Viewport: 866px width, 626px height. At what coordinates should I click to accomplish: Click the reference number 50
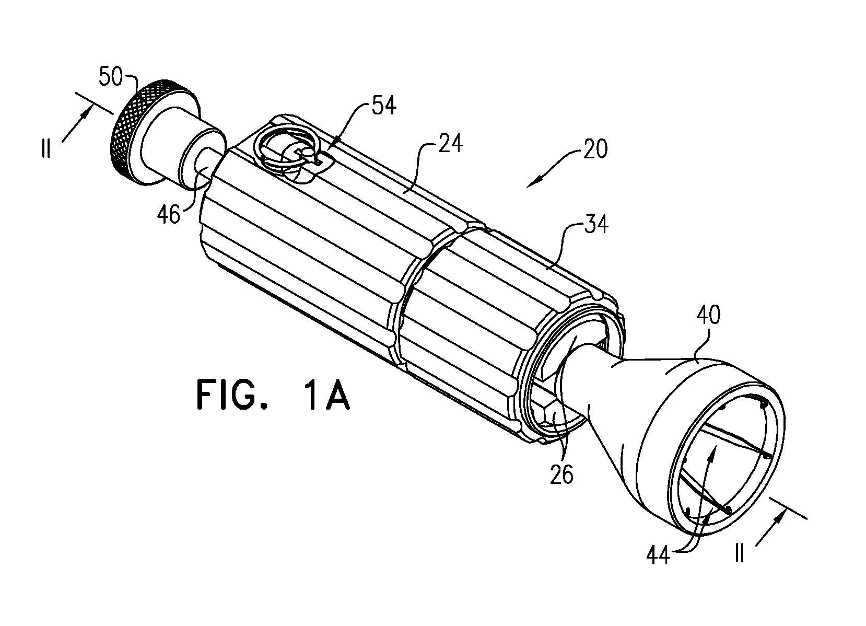[110, 77]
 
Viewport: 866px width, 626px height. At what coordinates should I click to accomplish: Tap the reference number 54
[384, 105]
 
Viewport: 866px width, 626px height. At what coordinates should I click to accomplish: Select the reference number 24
[451, 143]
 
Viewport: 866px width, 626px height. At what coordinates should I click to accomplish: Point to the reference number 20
[595, 149]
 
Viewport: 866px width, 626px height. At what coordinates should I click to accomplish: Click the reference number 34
[596, 224]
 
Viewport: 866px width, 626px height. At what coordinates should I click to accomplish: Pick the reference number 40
[709, 315]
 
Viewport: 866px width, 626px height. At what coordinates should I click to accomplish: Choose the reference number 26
[561, 474]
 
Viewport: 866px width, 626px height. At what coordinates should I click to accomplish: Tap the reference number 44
[658, 557]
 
